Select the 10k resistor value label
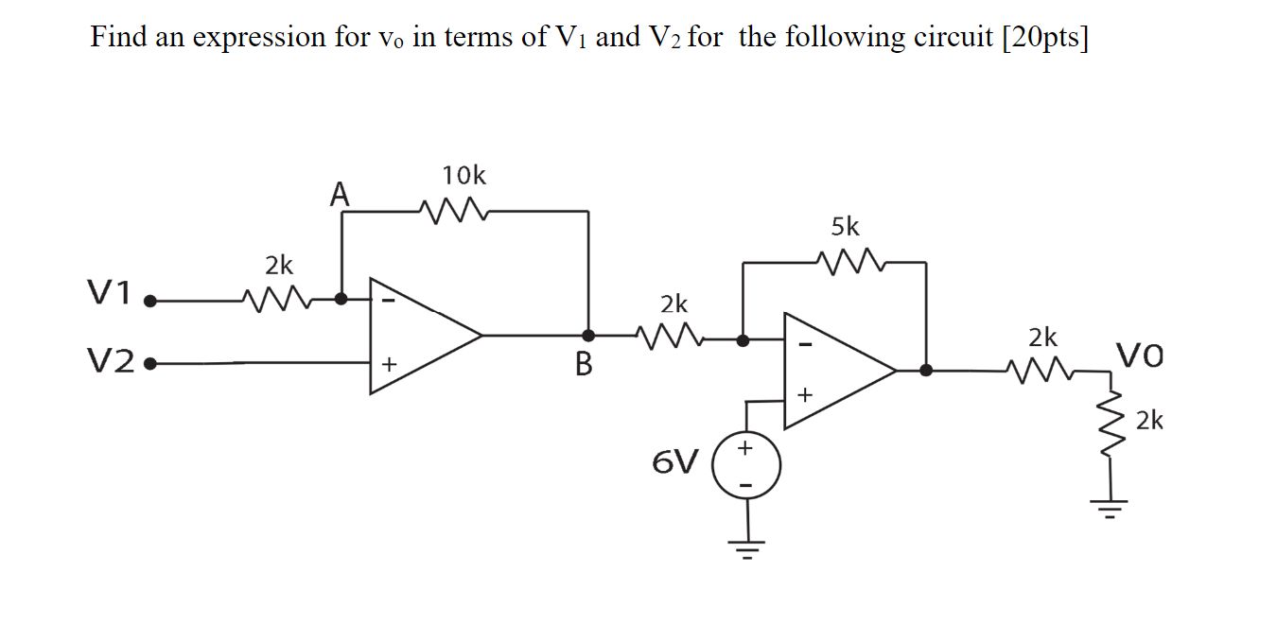coord(464,176)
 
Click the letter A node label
coord(340,195)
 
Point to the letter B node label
coord(583,364)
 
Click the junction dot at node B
coord(588,335)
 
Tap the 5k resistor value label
coord(845,227)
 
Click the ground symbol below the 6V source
coord(746,546)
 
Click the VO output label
coord(1140,356)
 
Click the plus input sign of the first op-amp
coord(387,363)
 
